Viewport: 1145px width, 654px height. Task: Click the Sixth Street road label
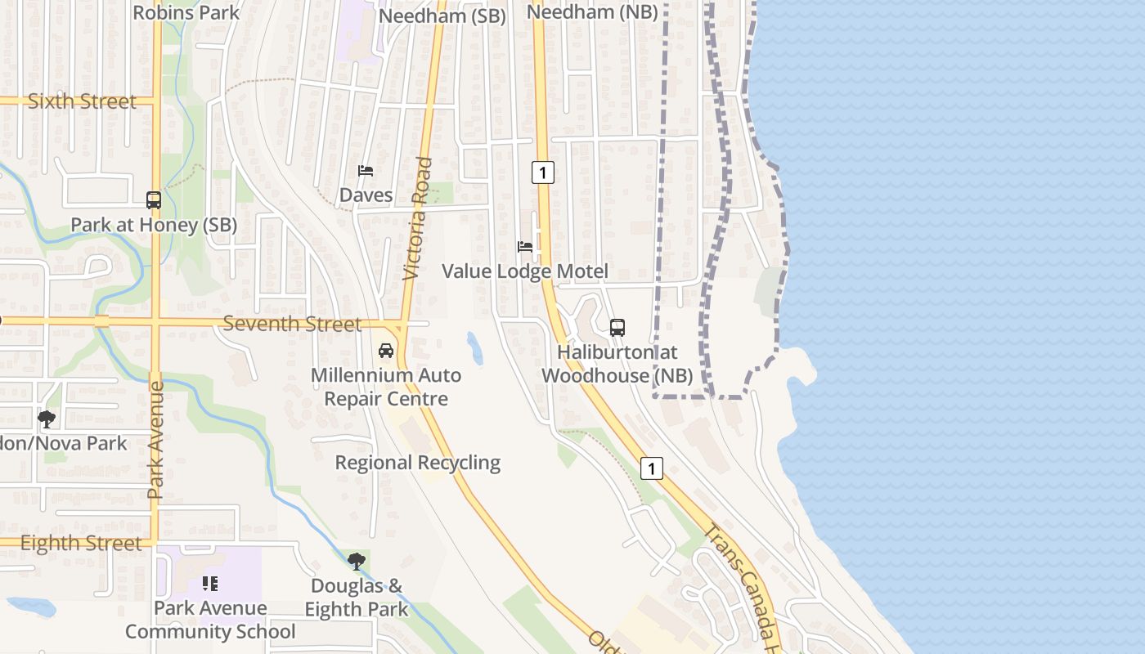[82, 101]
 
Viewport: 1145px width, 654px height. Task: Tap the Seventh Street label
[292, 324]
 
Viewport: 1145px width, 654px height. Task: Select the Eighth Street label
[81, 544]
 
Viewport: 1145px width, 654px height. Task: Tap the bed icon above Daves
[366, 171]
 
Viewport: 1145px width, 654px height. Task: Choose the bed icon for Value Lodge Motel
[525, 246]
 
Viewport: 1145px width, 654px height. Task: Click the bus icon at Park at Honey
[154, 199]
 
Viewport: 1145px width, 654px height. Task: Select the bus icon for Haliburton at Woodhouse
[617, 328]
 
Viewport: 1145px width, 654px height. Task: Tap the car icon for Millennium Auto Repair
[386, 351]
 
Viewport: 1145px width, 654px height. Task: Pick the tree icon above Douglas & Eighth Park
[356, 561]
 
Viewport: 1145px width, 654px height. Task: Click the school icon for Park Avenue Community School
[210, 584]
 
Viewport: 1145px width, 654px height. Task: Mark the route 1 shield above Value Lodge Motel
[542, 172]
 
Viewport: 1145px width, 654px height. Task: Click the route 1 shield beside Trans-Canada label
[651, 468]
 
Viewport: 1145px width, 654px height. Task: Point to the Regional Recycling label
[418, 463]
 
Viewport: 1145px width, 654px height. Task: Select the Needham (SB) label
[442, 16]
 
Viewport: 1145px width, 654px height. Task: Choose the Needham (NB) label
[592, 12]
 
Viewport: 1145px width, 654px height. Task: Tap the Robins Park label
[186, 12]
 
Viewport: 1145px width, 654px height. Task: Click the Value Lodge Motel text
[525, 271]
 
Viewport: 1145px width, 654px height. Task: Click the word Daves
[366, 195]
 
